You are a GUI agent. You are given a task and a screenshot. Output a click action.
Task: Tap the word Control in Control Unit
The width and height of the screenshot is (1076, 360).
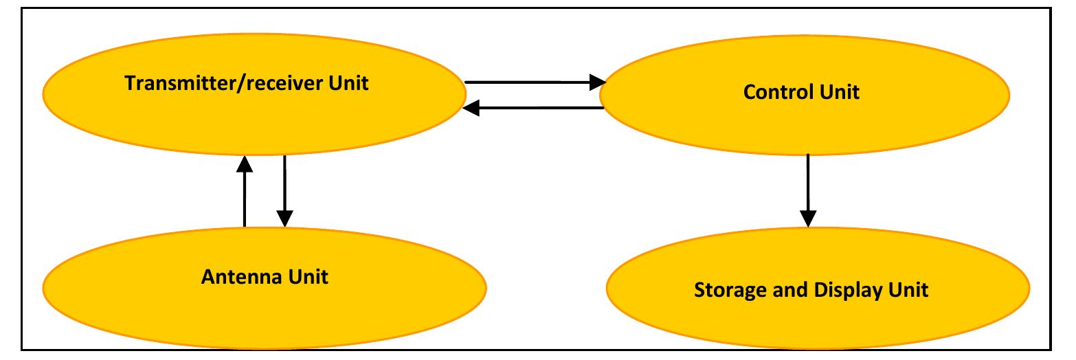[x=774, y=92]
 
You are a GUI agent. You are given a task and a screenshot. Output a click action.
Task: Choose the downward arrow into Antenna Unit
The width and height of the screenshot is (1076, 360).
[x=284, y=189]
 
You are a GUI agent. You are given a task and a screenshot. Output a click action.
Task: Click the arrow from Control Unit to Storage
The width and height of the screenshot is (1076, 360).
[x=808, y=189]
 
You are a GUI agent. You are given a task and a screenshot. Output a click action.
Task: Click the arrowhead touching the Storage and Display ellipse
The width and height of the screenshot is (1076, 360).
[x=808, y=218]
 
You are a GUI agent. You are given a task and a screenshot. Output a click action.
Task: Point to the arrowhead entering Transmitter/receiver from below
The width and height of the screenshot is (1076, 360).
[x=244, y=164]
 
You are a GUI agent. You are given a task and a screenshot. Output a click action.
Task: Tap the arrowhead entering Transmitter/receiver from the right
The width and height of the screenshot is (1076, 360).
[x=471, y=108]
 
